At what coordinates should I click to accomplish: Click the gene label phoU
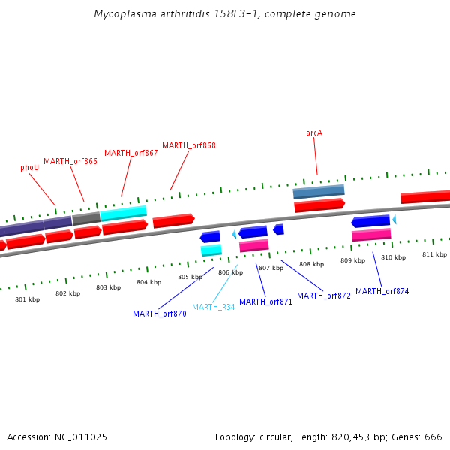pyautogui.click(x=29, y=168)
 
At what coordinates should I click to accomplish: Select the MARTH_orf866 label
pyautogui.click(x=70, y=161)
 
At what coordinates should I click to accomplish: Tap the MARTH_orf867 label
pyautogui.click(x=131, y=153)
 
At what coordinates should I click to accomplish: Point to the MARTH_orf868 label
pyautogui.click(x=189, y=145)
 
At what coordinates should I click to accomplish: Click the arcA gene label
pyautogui.click(x=314, y=133)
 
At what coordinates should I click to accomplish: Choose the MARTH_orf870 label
pyautogui.click(x=160, y=313)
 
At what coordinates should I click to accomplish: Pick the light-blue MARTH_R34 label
pyautogui.click(x=214, y=307)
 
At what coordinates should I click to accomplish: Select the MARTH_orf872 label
pyautogui.click(x=324, y=295)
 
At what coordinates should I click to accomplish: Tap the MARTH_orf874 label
pyautogui.click(x=382, y=291)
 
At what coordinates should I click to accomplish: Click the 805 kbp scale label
pyautogui.click(x=190, y=277)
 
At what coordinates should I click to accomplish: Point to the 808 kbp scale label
pyautogui.click(x=311, y=264)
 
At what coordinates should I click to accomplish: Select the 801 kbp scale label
pyautogui.click(x=28, y=299)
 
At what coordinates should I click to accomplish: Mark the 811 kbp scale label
pyautogui.click(x=434, y=254)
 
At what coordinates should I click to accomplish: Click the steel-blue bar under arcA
pyautogui.click(x=319, y=192)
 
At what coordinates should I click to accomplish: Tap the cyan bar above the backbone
pyautogui.click(x=124, y=214)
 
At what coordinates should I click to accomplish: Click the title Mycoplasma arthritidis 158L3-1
pyautogui.click(x=225, y=14)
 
